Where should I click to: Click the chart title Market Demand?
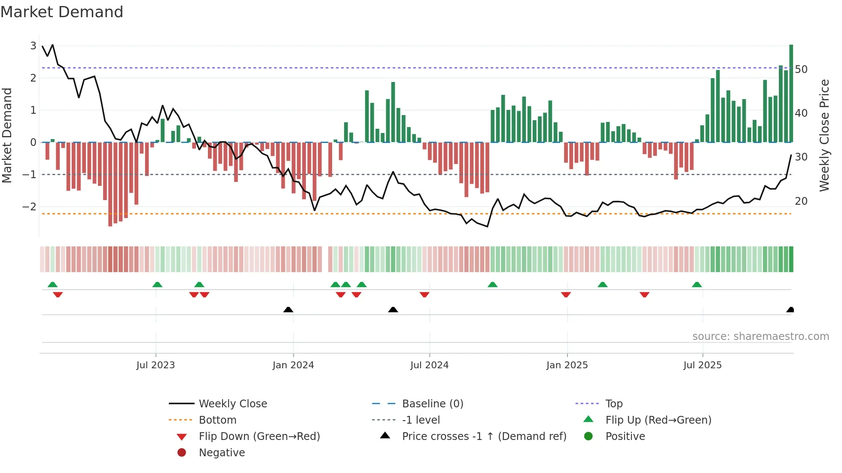click(x=62, y=12)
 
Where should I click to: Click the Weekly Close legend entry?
click(x=232, y=403)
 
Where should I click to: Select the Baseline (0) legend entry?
click(x=432, y=403)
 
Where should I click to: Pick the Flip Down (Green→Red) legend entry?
click(x=259, y=436)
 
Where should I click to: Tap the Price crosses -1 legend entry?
click(x=484, y=436)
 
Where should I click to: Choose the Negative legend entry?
click(x=222, y=452)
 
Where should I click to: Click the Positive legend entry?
click(x=625, y=436)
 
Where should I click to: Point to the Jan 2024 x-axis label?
click(x=293, y=365)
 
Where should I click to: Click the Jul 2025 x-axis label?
click(x=702, y=365)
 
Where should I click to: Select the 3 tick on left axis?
click(x=33, y=45)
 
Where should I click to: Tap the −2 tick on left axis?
click(x=30, y=206)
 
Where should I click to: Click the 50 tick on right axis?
click(x=801, y=69)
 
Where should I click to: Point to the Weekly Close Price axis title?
click(x=824, y=135)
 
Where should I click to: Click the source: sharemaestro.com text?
click(x=760, y=336)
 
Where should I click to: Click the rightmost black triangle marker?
click(x=790, y=310)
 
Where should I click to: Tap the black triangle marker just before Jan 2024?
click(x=288, y=310)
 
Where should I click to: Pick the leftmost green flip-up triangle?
click(x=52, y=285)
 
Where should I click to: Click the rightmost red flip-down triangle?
click(x=644, y=294)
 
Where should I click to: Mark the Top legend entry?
click(x=613, y=403)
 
